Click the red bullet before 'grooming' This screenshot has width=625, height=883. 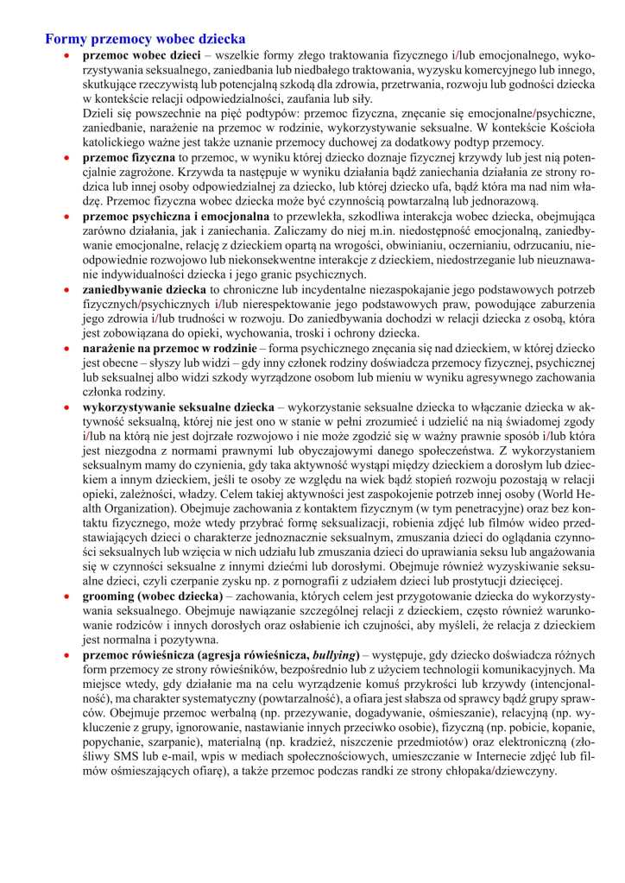66,596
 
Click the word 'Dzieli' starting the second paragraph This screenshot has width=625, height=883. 99,113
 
